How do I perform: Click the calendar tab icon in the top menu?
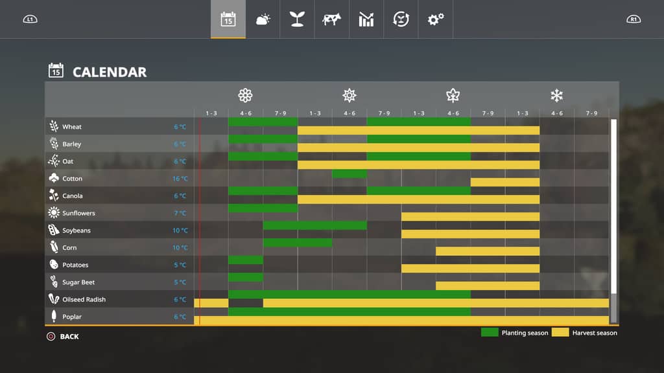[x=228, y=19]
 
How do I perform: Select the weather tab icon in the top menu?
[x=263, y=19]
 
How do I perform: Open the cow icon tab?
[x=331, y=19]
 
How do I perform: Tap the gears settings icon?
[x=435, y=19]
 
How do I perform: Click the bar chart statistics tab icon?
[x=366, y=19]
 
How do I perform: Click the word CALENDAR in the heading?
[x=110, y=72]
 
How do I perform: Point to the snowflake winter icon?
[x=556, y=96]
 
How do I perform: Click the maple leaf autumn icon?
[x=453, y=96]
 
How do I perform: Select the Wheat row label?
[x=72, y=127]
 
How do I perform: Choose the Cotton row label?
[x=72, y=179]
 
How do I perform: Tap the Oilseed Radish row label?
[x=84, y=300]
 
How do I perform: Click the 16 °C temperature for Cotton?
[x=180, y=179]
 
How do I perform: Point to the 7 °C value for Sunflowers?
[x=180, y=213]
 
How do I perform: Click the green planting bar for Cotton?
[x=349, y=174]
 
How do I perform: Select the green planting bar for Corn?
[x=298, y=243]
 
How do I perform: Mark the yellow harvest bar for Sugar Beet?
[x=488, y=286]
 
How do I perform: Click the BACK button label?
[x=69, y=337]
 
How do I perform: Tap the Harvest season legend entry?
[x=595, y=333]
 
